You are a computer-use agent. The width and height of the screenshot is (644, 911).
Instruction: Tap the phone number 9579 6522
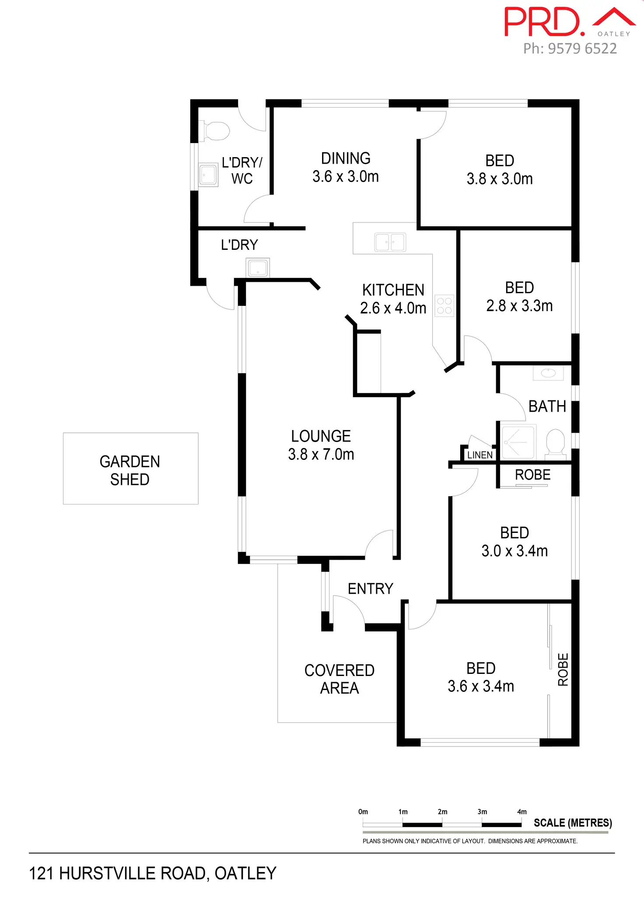coord(570,49)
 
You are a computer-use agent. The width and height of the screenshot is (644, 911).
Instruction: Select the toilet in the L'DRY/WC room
coord(216,131)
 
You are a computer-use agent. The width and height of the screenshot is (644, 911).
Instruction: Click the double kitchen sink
coord(390,242)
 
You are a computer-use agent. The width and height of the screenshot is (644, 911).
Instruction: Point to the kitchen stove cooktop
coord(444,305)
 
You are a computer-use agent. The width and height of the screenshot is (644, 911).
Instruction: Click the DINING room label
coord(346,158)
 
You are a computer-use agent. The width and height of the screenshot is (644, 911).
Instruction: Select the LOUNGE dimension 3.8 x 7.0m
coord(321,455)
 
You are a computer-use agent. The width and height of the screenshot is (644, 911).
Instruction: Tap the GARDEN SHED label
coord(130,470)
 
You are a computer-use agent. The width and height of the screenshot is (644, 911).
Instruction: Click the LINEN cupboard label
coord(479,455)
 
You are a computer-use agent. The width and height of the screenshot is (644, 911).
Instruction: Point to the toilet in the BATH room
coord(555,441)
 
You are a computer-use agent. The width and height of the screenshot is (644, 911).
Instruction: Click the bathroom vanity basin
coord(548,373)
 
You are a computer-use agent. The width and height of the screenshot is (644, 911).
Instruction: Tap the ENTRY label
coord(370,589)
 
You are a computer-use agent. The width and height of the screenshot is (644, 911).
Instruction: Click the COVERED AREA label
coord(339,679)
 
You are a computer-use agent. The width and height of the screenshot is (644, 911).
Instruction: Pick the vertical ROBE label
coord(563,669)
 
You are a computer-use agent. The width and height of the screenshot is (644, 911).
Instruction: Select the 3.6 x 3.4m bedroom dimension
coord(480,687)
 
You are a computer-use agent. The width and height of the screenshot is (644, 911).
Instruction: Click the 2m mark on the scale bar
coord(442,812)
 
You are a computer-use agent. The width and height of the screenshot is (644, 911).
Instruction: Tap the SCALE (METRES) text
coord(573,823)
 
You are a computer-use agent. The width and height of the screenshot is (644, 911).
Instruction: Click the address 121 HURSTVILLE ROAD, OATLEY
coord(153,873)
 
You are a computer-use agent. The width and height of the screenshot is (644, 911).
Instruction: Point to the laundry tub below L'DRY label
coord(258,268)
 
